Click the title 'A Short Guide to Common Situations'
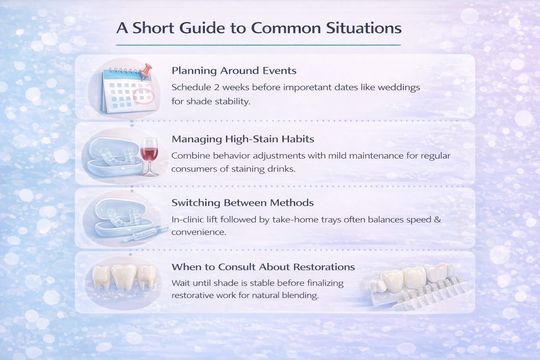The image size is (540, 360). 259,28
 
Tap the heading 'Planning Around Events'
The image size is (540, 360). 234,71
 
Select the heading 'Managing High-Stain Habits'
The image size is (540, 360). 243,139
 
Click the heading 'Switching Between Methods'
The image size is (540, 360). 242,203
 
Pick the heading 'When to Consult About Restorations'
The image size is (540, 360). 263,267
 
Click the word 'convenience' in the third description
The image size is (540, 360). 199,232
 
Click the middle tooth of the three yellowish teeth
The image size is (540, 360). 124,278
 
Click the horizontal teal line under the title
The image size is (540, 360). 258,45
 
